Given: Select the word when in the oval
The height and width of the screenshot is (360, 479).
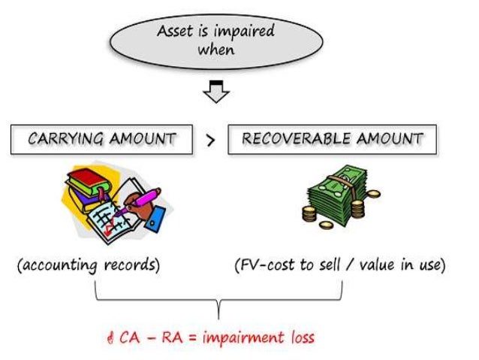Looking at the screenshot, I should point(215,50).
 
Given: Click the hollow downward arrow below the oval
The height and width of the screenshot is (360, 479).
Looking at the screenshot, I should point(216,92).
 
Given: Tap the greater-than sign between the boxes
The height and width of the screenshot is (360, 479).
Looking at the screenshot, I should point(210,140).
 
